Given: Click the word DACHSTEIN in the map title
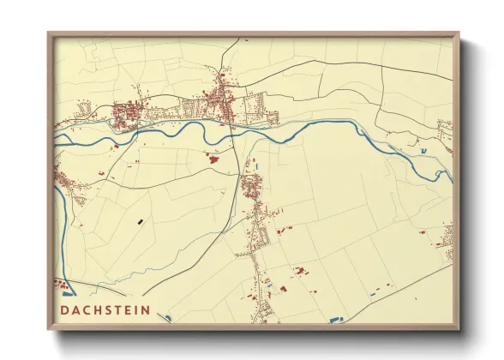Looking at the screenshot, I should click(105, 309).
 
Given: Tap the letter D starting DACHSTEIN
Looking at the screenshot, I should click(64, 309).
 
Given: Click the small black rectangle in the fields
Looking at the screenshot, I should click(139, 222).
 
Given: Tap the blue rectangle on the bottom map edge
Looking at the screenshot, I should click(335, 321).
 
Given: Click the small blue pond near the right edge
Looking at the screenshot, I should click(423, 152).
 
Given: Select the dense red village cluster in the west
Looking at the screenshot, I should click(127, 111).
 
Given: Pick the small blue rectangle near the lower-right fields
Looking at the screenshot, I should click(370, 296).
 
